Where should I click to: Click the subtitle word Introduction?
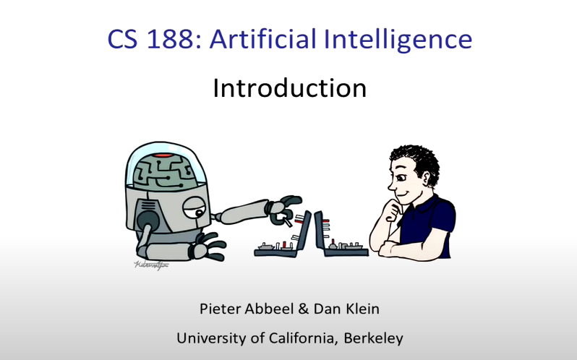click(x=289, y=88)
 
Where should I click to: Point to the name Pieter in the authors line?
click(x=221, y=309)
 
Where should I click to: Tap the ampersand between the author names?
click(x=303, y=309)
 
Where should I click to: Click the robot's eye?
click(x=190, y=209)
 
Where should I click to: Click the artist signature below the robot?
click(x=148, y=265)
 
